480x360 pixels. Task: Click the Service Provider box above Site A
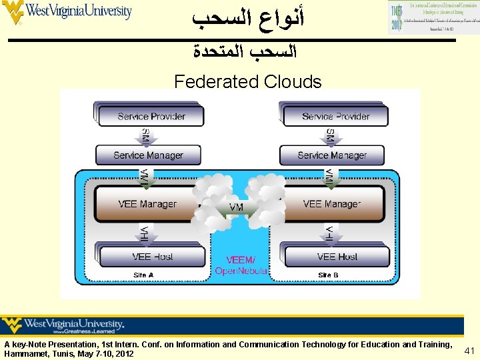(x=151, y=116)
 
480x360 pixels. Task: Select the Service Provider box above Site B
(x=335, y=116)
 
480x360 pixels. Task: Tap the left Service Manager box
(x=148, y=155)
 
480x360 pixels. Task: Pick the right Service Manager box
(x=332, y=155)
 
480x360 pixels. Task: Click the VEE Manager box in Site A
(x=147, y=204)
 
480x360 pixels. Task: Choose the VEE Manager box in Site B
(x=331, y=204)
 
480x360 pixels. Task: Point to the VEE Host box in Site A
(x=151, y=257)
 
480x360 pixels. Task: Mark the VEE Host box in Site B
(x=337, y=257)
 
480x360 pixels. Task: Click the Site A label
(x=143, y=275)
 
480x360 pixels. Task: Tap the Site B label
(x=328, y=275)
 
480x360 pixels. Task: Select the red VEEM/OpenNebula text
(x=241, y=265)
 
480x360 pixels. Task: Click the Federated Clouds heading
(x=247, y=82)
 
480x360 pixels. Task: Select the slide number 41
(x=469, y=351)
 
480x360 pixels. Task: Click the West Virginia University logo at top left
(x=67, y=12)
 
